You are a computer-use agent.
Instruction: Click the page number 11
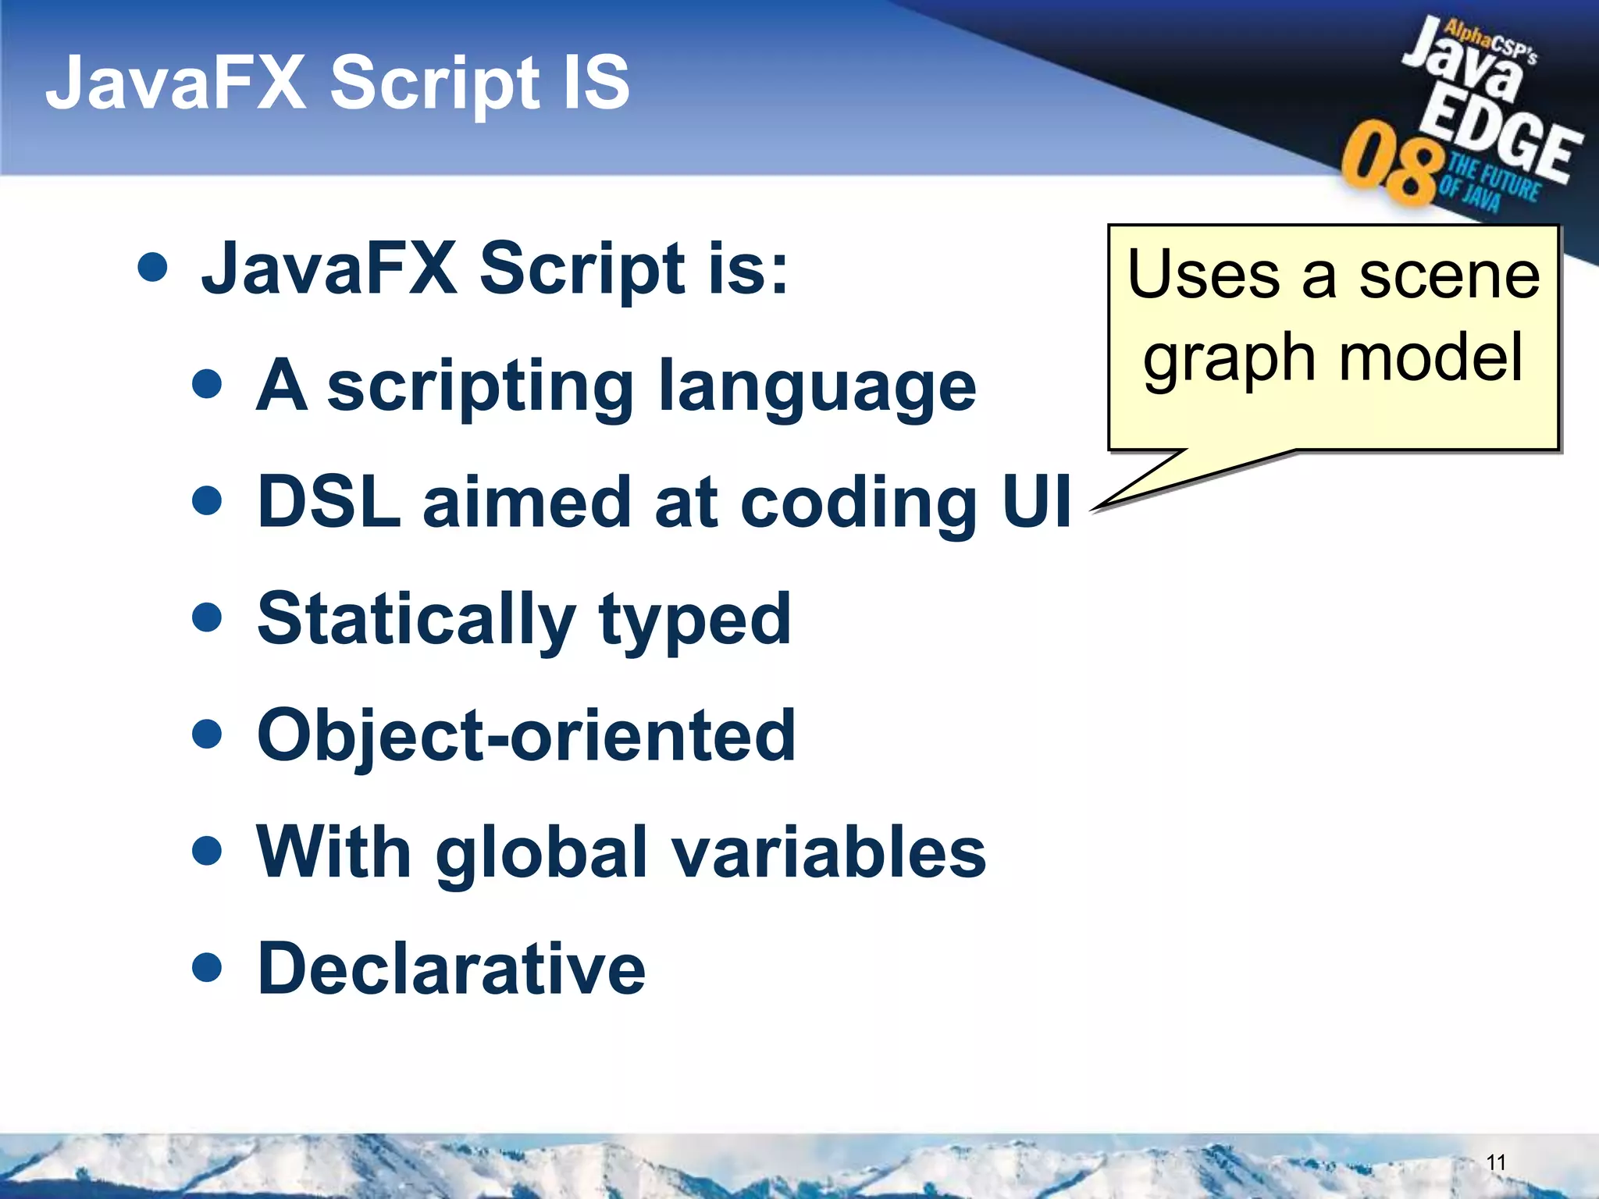tap(1495, 1162)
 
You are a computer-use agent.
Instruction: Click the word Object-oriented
tap(525, 735)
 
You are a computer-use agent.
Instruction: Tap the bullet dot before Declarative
tap(207, 967)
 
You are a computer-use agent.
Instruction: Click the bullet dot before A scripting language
tap(207, 384)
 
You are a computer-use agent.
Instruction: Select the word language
tap(817, 388)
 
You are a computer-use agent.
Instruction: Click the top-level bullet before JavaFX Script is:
tap(152, 267)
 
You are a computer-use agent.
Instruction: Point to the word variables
tap(829, 852)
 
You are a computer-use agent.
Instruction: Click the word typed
tap(695, 621)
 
